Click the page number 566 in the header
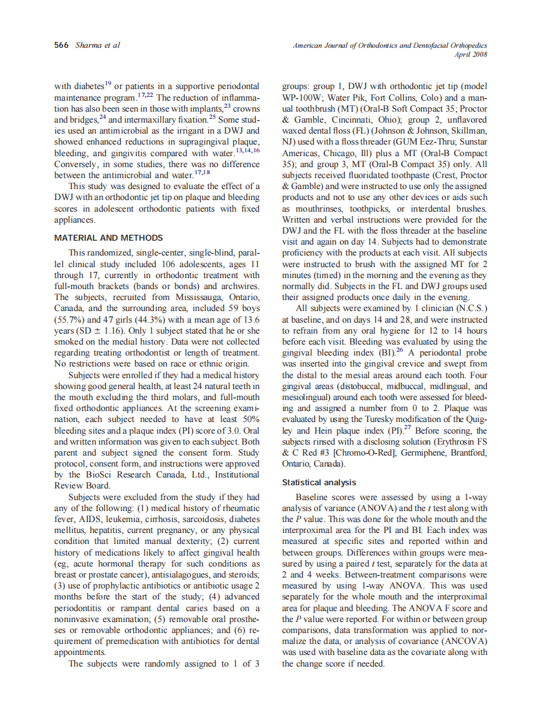coord(62,45)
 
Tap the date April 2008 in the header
coord(471,55)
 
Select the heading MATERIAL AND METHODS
coord(108,237)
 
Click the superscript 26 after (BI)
coord(399,350)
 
